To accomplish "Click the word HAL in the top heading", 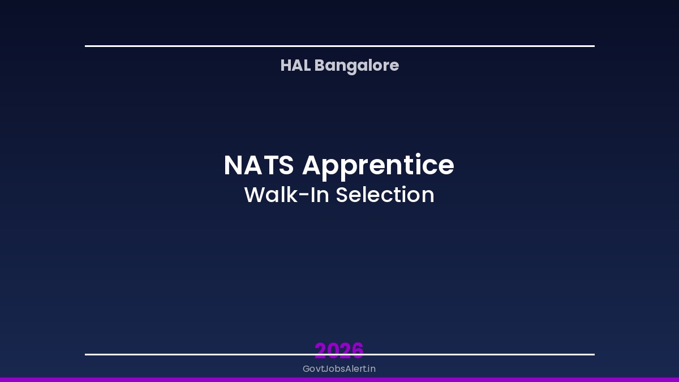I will (x=295, y=66).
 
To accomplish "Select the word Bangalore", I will (x=356, y=66).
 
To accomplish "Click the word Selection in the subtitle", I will (x=385, y=195).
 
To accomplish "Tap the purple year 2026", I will (x=339, y=350).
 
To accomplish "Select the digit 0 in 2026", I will (x=333, y=350).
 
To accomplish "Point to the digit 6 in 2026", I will (x=358, y=350).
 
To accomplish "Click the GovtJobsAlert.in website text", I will (x=339, y=369).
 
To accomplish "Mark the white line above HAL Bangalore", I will (x=339, y=46).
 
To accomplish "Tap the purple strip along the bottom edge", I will (x=339, y=379).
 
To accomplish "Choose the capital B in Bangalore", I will (x=319, y=66).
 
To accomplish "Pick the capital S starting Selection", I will (x=342, y=195).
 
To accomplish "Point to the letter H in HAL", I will (x=286, y=66).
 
